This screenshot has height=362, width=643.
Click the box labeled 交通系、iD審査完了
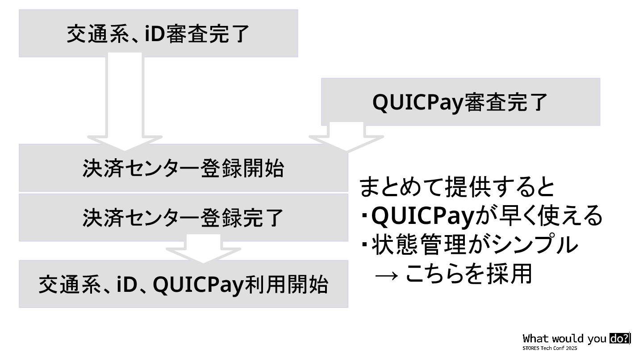tap(158, 34)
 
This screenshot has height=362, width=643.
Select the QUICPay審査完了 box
tap(460, 102)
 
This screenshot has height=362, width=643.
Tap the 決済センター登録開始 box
tap(183, 168)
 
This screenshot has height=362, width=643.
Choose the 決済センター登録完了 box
tap(183, 217)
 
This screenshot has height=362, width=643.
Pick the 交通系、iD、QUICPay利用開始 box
tap(183, 284)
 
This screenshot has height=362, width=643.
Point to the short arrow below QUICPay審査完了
tap(347, 137)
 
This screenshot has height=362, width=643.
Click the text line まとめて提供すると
tap(457, 188)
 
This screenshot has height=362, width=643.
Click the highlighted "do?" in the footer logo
tap(619, 339)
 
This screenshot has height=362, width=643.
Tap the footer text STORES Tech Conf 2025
tap(550, 348)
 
